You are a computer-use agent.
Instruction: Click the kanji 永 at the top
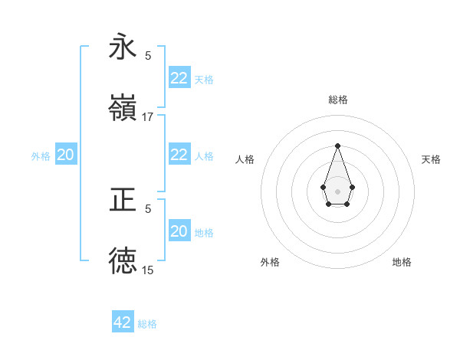(x=123, y=47)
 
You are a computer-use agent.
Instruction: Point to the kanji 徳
(x=123, y=260)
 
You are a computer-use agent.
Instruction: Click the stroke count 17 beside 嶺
(x=148, y=117)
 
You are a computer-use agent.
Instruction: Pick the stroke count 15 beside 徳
(x=148, y=270)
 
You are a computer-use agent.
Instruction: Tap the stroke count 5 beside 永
(x=148, y=55)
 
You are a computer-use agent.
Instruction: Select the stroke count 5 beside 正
(x=148, y=208)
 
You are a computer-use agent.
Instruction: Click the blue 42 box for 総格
(x=123, y=322)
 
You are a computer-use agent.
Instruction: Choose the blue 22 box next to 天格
(x=179, y=78)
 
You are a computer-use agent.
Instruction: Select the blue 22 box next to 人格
(x=179, y=155)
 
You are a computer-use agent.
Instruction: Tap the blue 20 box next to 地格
(x=179, y=231)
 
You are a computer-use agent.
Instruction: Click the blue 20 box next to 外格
(x=66, y=155)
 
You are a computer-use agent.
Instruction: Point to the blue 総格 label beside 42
(x=147, y=324)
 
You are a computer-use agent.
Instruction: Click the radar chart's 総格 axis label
(x=337, y=100)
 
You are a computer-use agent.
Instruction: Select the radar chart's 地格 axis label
(x=402, y=262)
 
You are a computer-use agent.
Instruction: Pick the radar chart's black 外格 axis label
(x=270, y=262)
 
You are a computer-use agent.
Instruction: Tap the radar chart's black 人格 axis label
(x=245, y=159)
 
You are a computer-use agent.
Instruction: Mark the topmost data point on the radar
(x=337, y=146)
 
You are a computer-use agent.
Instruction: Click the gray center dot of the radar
(x=337, y=190)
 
